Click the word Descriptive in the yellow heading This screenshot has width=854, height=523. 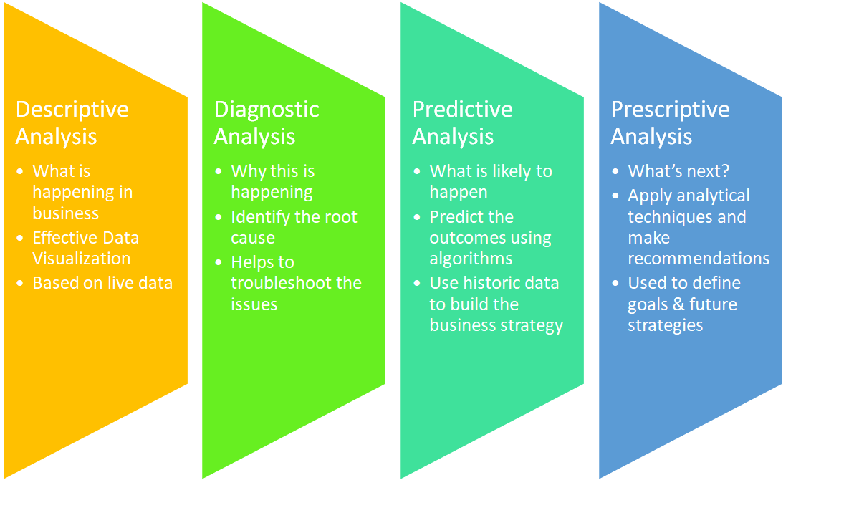(72, 110)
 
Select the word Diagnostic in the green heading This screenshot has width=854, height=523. (267, 110)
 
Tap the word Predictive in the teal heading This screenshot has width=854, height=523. (462, 110)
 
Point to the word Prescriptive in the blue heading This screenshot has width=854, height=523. (670, 110)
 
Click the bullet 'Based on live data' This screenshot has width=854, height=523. (102, 283)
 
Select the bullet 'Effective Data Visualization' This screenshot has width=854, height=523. (85, 248)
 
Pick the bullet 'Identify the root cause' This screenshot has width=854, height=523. (293, 227)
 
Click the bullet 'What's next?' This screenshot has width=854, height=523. (678, 171)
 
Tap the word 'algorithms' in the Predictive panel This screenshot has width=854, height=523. (471, 259)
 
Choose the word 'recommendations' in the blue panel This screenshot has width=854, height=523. (699, 259)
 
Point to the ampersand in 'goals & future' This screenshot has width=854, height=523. (678, 304)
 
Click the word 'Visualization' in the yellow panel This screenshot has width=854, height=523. (82, 259)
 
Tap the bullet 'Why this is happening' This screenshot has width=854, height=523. (272, 182)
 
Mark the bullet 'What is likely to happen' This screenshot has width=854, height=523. (491, 182)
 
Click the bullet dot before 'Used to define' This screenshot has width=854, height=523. (616, 284)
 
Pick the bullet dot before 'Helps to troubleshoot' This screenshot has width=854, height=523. (219, 263)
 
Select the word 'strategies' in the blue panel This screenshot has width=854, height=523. (665, 325)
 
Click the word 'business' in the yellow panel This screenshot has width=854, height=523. (66, 213)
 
